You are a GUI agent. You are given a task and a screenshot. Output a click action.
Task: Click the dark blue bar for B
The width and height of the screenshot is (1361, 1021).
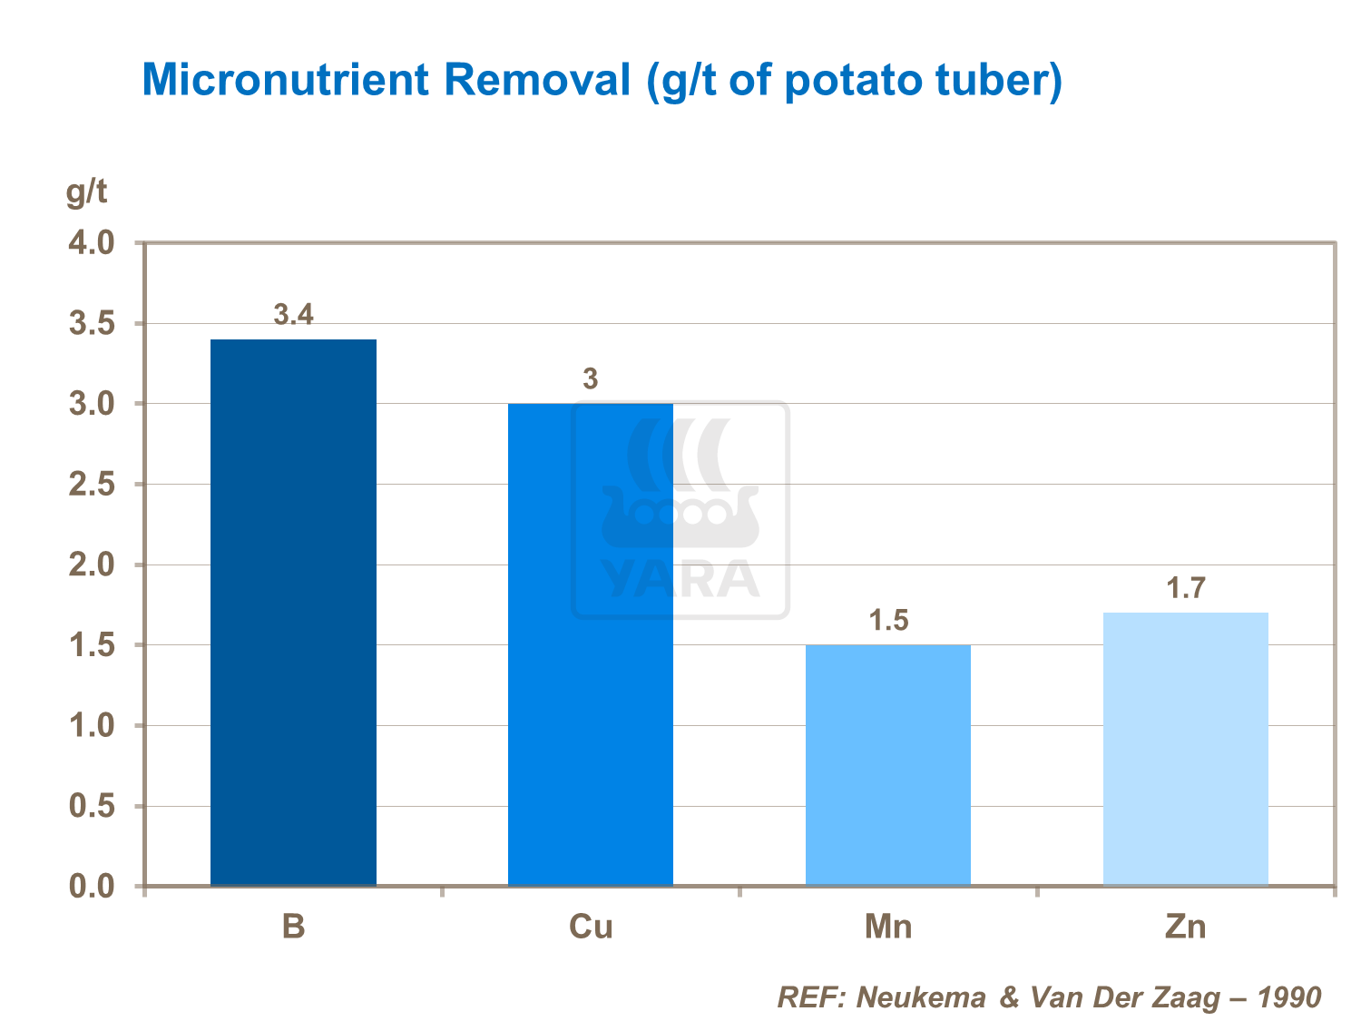pyautogui.click(x=293, y=613)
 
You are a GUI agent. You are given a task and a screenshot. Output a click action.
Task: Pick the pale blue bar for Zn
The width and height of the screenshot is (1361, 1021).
pyautogui.click(x=1185, y=749)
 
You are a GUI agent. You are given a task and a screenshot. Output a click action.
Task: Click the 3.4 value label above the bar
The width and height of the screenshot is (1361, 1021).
pyautogui.click(x=293, y=315)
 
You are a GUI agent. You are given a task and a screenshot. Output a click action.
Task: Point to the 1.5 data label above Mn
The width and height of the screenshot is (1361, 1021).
pyautogui.click(x=888, y=621)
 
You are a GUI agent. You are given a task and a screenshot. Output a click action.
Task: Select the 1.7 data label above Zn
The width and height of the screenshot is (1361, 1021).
pyautogui.click(x=1185, y=588)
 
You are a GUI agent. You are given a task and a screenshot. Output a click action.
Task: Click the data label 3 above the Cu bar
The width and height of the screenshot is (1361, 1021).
pyautogui.click(x=591, y=378)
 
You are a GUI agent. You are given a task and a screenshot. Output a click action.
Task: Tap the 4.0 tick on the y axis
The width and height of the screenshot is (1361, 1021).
pyautogui.click(x=92, y=243)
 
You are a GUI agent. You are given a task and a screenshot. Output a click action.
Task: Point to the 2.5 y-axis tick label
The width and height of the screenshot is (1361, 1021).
pyautogui.click(x=92, y=485)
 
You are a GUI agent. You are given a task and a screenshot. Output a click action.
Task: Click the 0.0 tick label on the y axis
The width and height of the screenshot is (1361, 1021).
pyautogui.click(x=92, y=886)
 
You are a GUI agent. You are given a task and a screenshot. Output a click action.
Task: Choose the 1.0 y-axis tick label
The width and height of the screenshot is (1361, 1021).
pyautogui.click(x=92, y=726)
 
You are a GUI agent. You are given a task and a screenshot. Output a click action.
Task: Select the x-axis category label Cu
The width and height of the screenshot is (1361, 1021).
pyautogui.click(x=591, y=927)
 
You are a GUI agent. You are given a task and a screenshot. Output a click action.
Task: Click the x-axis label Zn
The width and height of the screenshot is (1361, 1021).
pyautogui.click(x=1185, y=927)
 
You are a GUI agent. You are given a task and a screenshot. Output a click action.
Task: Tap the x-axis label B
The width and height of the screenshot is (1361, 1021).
pyautogui.click(x=293, y=927)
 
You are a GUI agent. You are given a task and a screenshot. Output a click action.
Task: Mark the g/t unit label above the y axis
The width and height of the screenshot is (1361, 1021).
pyautogui.click(x=86, y=192)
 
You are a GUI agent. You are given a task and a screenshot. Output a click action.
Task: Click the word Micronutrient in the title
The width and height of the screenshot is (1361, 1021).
pyautogui.click(x=285, y=80)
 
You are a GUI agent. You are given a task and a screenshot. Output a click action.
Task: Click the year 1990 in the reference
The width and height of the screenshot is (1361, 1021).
pyautogui.click(x=1288, y=997)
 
